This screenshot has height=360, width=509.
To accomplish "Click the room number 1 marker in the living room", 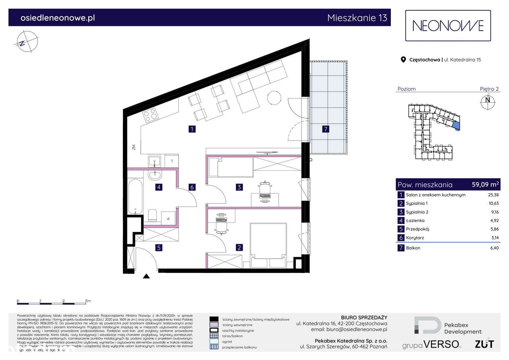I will pos(192,129).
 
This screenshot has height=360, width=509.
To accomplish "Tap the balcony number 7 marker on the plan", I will pos(326,129).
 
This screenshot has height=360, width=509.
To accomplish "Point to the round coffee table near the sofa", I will pos(274,97).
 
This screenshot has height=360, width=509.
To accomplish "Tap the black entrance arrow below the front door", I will pos(146,277).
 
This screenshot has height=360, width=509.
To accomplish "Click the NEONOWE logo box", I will pos(448,26).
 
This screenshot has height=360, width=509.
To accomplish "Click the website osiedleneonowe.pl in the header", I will pos(57,18).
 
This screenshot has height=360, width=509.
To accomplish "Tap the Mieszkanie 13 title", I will pos(357,18).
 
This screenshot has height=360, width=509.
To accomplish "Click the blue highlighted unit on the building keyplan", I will pos(456,126).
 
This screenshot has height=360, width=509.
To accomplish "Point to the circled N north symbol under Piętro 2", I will pos(487,100).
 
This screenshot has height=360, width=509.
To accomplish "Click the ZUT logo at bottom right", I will pos(484,344).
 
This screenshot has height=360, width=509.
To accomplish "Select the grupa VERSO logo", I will pos(431,344).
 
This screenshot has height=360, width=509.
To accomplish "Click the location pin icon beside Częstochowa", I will pos(403,60).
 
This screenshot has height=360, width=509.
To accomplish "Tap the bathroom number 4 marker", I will pos(159,187).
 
